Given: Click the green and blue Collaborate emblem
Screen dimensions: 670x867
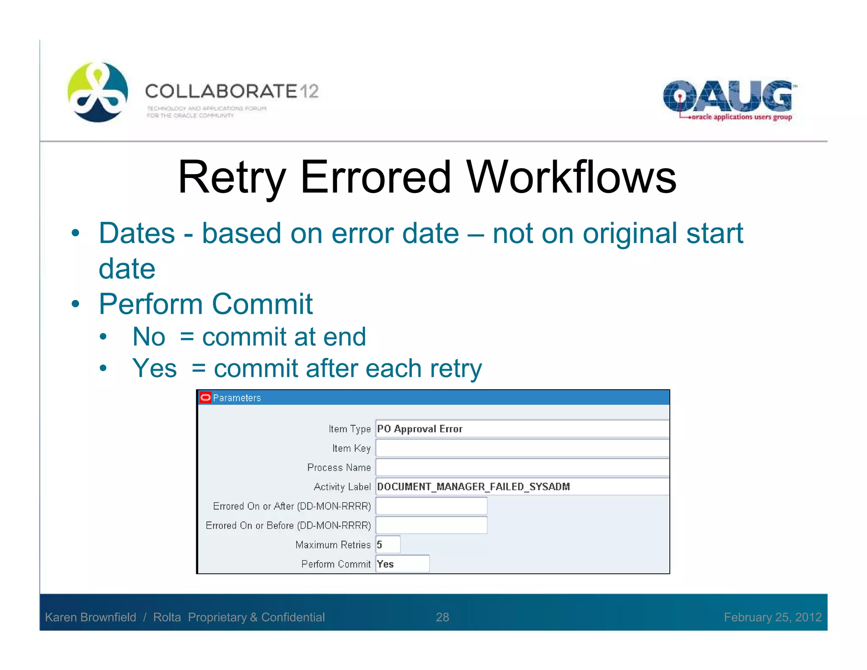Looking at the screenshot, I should point(98,92).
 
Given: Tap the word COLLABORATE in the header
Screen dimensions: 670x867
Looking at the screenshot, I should point(221,91).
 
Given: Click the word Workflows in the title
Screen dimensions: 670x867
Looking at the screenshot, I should point(571,177).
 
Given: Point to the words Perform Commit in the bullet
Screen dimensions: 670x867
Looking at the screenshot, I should point(206,304).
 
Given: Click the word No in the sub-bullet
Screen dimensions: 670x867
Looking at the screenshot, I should point(149,337).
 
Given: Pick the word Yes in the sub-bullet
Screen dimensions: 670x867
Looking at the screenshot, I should point(154,368).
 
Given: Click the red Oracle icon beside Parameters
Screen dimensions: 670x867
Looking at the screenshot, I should point(205,397).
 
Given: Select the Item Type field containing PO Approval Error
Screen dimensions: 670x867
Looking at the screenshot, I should point(522,429).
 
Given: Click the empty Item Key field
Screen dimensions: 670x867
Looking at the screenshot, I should point(522,448).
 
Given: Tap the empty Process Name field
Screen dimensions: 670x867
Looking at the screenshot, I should point(522,467).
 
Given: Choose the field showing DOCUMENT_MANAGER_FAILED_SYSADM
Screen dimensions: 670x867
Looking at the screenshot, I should point(522,487).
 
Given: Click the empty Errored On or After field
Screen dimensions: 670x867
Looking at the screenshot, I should point(431,506).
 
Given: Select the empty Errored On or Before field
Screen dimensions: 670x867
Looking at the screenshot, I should point(431,525).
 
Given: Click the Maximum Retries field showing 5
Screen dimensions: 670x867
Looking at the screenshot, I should point(388,545).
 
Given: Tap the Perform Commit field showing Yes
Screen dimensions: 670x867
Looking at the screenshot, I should point(402,564).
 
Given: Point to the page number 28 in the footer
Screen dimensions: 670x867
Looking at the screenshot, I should point(442,617).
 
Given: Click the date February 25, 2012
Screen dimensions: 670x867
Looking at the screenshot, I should point(773,617).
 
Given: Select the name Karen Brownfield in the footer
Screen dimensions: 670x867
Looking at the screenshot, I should point(91,617).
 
